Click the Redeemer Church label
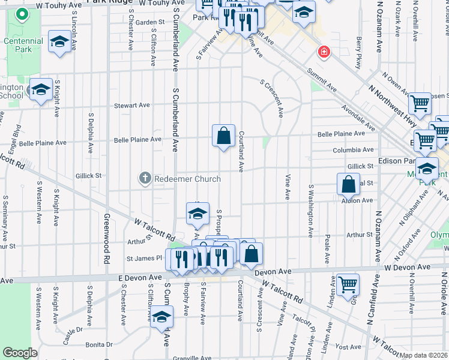pos(187,179)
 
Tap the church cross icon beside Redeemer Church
pos(145,178)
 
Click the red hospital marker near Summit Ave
pos(324,53)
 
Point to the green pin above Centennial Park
pos(22,14)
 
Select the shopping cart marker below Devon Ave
pos(348,284)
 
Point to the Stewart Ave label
pos(132,106)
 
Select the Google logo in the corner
pos(20,353)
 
